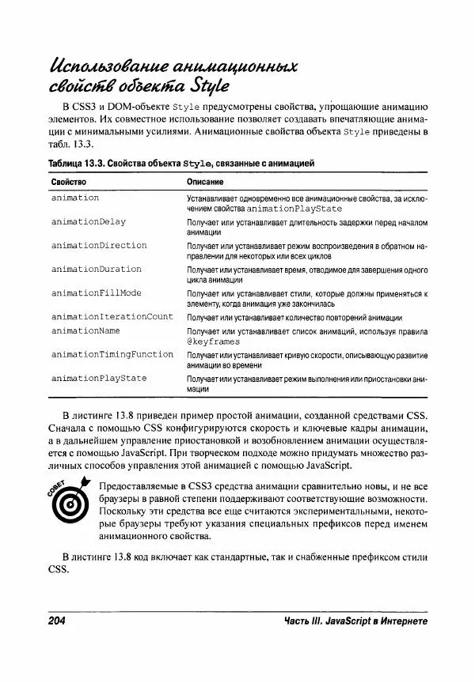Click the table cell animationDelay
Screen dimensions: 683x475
coord(88,222)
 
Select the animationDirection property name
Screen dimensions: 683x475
coord(99,246)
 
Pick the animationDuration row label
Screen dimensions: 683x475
coord(96,269)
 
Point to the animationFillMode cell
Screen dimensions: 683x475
coord(96,292)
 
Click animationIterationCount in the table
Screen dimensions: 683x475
coord(112,316)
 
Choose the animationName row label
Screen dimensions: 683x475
coord(85,330)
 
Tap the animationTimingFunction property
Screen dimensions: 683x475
coord(112,354)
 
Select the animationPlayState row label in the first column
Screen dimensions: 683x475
coord(99,378)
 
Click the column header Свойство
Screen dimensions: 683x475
coord(69,182)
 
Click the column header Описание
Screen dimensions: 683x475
coord(203,182)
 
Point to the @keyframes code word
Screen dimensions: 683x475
coord(213,341)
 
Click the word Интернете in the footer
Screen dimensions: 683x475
coord(401,621)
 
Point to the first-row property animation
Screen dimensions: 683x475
coord(75,198)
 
